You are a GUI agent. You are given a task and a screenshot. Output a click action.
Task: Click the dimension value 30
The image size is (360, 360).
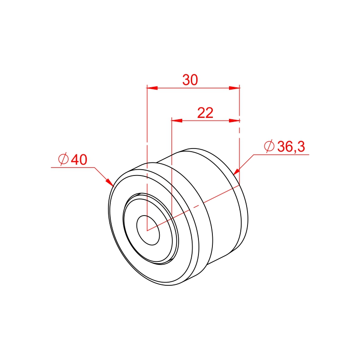click(x=190, y=80)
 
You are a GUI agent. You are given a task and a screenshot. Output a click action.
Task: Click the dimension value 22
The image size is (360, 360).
click(x=205, y=113)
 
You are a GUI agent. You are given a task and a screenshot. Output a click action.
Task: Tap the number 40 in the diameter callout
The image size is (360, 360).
click(x=79, y=160)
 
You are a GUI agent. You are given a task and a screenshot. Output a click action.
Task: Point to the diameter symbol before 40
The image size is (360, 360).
click(x=63, y=159)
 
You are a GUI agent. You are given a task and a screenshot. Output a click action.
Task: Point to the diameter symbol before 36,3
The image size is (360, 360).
click(x=269, y=146)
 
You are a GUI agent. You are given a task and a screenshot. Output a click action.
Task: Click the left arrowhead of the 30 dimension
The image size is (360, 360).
click(x=152, y=88)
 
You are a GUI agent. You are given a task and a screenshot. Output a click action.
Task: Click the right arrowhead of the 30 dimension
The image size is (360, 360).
click(x=234, y=88)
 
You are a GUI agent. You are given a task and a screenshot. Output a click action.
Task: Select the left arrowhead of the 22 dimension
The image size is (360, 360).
click(x=177, y=121)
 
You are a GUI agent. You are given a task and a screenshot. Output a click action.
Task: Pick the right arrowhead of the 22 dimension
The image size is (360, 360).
click(x=234, y=121)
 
